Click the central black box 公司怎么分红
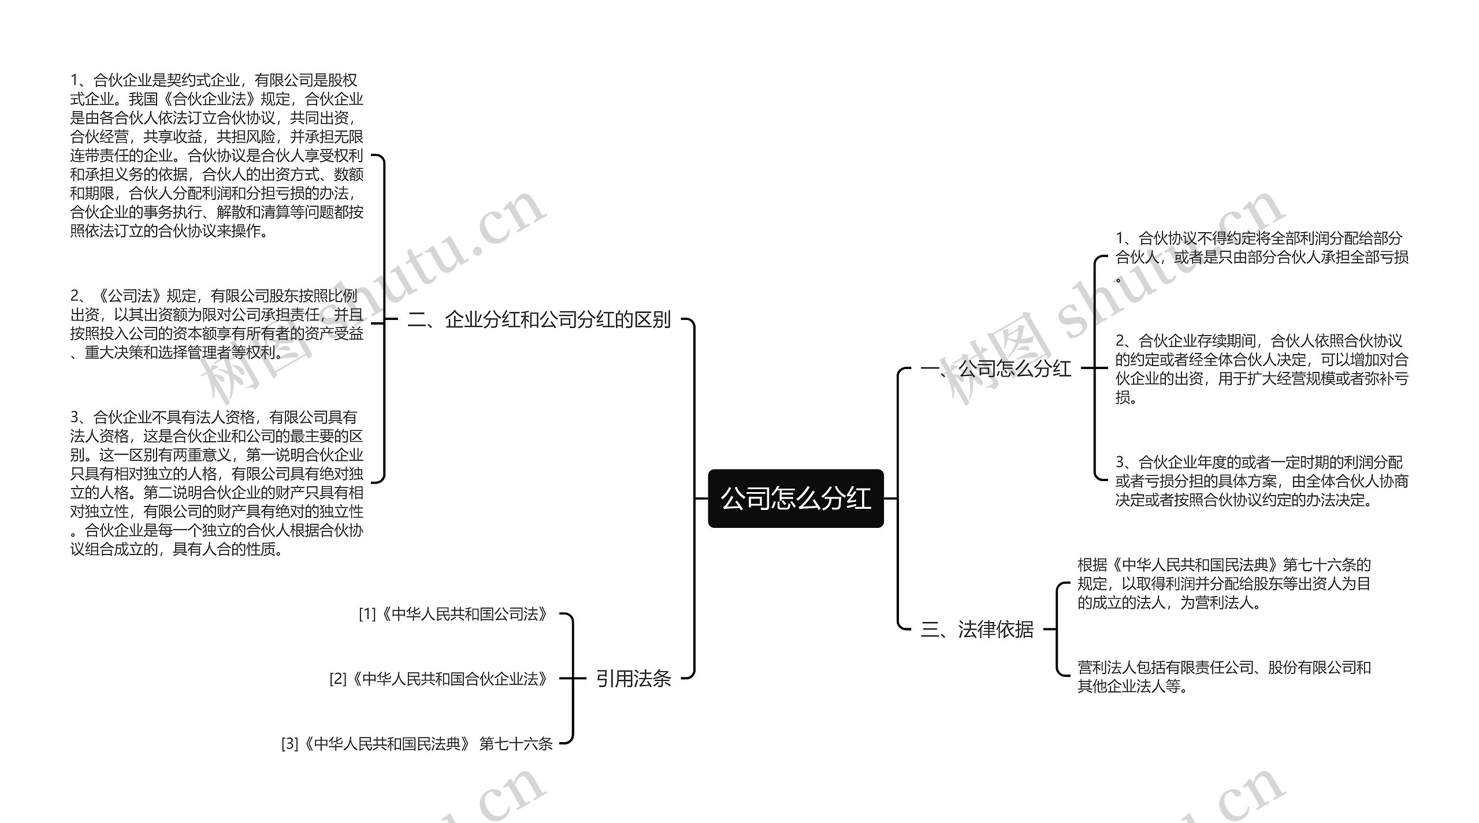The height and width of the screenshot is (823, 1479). pyautogui.click(x=796, y=498)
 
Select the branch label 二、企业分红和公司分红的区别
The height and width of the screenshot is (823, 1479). pyautogui.click(x=538, y=319)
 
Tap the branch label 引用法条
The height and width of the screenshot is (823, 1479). pyautogui.click(x=633, y=678)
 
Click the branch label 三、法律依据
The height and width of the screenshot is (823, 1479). pyautogui.click(x=976, y=629)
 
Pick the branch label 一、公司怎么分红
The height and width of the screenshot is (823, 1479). pyautogui.click(x=995, y=368)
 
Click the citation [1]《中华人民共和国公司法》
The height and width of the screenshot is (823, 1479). pyautogui.click(x=453, y=614)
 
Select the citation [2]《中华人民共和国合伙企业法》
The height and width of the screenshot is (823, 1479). pyautogui.click(x=439, y=679)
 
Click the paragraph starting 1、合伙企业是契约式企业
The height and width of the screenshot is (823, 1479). pyautogui.click(x=217, y=155)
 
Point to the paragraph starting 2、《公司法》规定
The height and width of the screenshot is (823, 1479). pyautogui.click(x=217, y=323)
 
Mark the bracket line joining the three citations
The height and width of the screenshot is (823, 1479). pyautogui.click(x=572, y=679)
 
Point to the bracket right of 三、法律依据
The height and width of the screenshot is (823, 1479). pyautogui.click(x=1057, y=629)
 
